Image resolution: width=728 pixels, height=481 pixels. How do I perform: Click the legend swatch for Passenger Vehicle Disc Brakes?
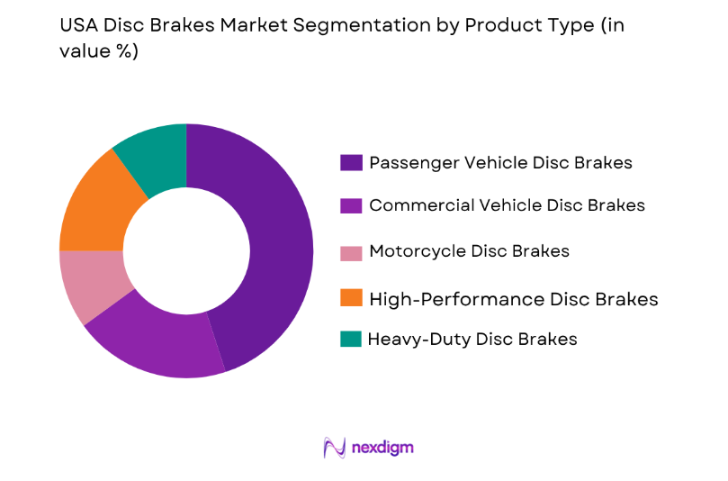(351, 163)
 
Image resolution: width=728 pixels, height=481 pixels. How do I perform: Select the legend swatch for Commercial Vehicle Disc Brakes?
(351, 205)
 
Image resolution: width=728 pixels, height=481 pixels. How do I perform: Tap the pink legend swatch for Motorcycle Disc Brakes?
(351, 252)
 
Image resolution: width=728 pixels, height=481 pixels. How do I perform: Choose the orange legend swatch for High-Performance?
(351, 298)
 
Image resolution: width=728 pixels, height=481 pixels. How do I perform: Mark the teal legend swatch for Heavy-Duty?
(351, 340)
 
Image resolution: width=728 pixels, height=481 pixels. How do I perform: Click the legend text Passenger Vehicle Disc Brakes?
(500, 163)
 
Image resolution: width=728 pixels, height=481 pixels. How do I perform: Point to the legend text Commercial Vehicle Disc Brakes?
(507, 205)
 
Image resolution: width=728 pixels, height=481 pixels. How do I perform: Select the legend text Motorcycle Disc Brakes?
(469, 251)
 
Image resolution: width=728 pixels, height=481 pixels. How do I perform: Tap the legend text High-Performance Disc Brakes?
(513, 298)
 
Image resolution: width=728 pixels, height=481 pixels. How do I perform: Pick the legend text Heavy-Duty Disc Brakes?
(472, 340)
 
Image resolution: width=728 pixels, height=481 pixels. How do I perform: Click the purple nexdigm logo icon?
(335, 448)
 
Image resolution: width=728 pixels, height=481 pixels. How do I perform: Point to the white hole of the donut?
(186, 250)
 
